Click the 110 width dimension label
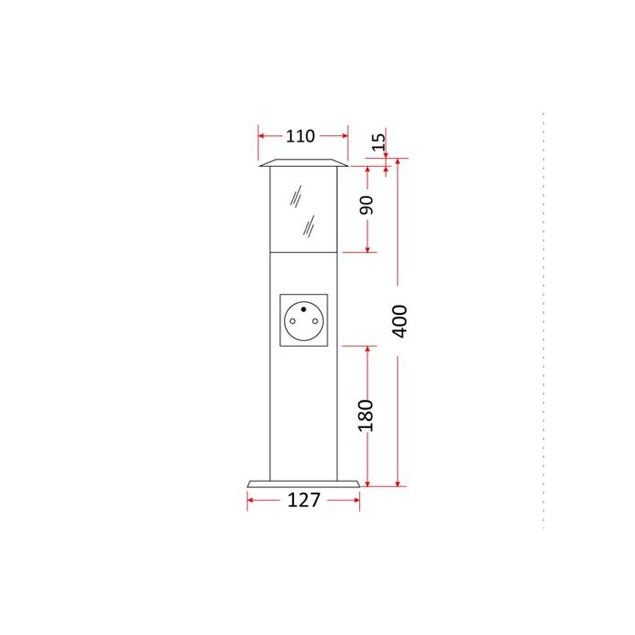300,136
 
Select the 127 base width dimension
304,500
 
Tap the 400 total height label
400,321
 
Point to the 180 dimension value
366,415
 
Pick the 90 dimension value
366,205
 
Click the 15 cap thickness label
378,142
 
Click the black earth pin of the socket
303,309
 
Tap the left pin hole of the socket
292,321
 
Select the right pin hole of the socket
315,321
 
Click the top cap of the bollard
303,162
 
